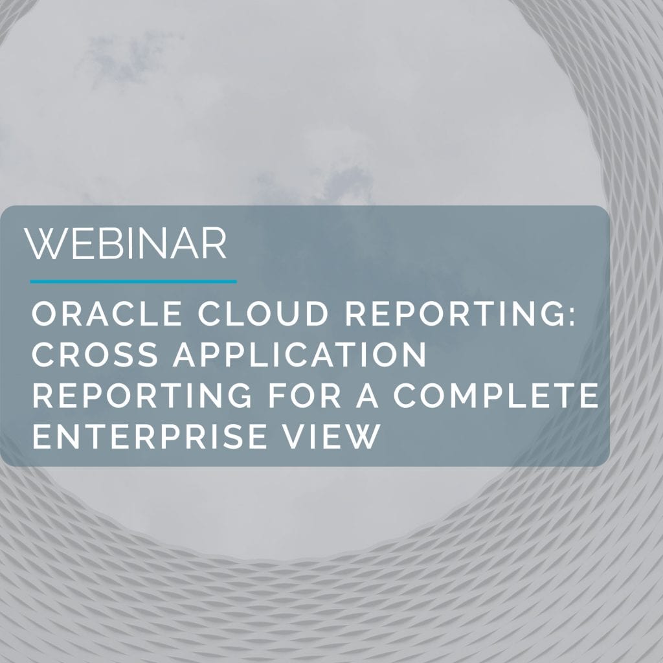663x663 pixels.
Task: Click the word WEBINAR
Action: [126, 243]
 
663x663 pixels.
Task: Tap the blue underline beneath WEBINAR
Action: [133, 281]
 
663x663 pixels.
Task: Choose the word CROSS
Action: [95, 354]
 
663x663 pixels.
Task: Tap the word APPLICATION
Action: [300, 354]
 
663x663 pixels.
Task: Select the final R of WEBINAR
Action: [215, 243]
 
